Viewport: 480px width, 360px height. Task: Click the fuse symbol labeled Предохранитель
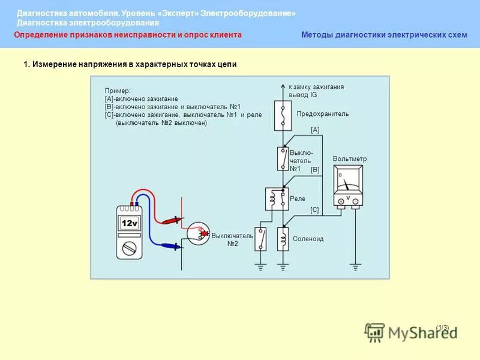[283, 115]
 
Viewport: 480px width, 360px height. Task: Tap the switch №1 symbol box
[283, 159]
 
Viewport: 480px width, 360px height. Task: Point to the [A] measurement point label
[315, 130]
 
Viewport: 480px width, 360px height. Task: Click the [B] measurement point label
[315, 170]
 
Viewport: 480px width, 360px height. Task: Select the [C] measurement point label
[314, 210]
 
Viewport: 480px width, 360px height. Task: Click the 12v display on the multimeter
[130, 223]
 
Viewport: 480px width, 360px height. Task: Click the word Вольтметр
[349, 159]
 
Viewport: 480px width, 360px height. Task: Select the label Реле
[298, 199]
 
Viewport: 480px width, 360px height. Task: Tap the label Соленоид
[308, 239]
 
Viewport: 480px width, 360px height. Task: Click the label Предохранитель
[322, 113]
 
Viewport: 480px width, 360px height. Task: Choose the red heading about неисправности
[128, 35]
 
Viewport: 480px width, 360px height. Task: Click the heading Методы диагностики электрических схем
[384, 35]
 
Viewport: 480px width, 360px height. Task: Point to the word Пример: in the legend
[118, 91]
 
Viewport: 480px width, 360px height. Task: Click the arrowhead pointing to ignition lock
[283, 86]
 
